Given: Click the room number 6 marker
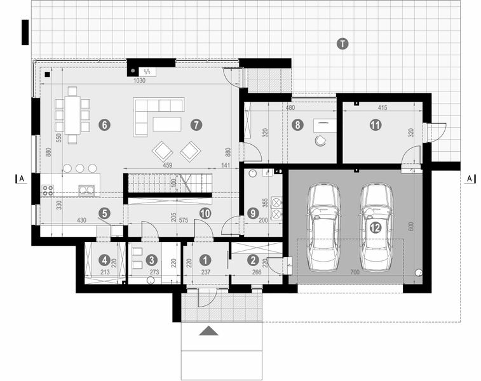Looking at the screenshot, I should [x=105, y=125].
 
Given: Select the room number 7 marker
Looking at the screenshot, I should [x=196, y=125].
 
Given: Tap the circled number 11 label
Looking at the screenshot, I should [x=376, y=125].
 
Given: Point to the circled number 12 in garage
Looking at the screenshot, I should [x=376, y=227].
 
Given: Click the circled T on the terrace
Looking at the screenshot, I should [x=342, y=44].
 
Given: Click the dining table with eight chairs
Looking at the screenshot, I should [x=72, y=115].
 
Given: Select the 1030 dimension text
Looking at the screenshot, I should [x=139, y=81].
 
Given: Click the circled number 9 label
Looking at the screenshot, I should [x=253, y=214].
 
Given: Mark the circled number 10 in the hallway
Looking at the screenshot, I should [x=205, y=214].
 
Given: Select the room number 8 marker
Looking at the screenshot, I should [x=297, y=125].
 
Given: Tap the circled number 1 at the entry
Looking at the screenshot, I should [x=205, y=259].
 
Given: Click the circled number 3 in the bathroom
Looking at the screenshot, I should [x=151, y=259].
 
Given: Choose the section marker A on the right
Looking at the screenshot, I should [x=470, y=178].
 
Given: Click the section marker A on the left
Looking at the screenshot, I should [x=22, y=178].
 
